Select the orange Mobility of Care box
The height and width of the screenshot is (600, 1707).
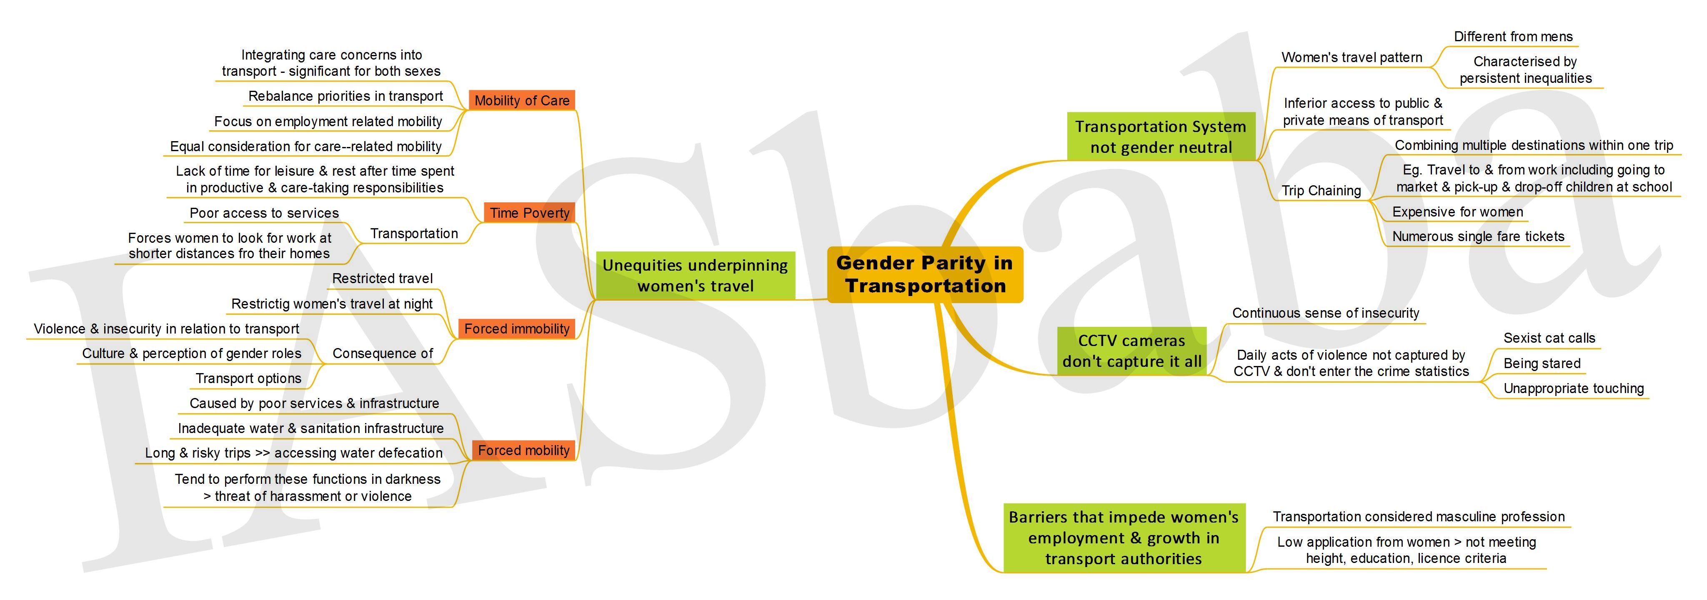coord(521,100)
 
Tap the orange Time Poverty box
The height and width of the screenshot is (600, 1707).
coord(529,213)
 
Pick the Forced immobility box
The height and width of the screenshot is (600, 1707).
coord(516,329)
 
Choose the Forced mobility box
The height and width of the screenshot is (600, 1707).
coord(523,451)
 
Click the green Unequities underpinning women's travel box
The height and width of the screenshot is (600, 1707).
coord(695,276)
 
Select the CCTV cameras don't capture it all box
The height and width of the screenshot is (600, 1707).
coord(1132,351)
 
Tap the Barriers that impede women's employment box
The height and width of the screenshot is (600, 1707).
coord(1124,538)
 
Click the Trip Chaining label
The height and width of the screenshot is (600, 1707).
coord(1321,191)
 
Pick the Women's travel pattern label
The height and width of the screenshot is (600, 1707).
coord(1352,57)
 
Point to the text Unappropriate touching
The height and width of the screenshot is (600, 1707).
coord(1574,388)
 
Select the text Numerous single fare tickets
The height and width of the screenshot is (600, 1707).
coord(1478,237)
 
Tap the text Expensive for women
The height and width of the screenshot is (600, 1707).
coord(1458,212)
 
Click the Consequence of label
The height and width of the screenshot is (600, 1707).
coord(382,354)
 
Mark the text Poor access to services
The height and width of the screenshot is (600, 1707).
coord(264,213)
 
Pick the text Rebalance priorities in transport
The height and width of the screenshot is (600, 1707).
coord(345,96)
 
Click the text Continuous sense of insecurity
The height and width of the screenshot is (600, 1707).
coord(1325,313)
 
